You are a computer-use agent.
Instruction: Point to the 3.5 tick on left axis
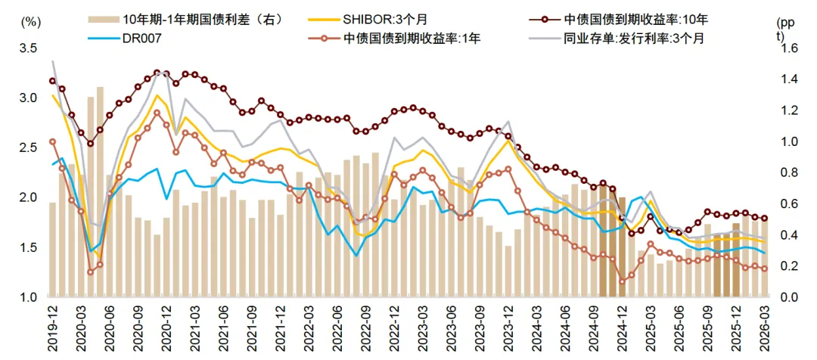pos(27,48)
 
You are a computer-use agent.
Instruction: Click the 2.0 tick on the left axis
pos(27,197)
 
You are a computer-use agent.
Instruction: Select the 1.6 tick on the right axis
pos(787,48)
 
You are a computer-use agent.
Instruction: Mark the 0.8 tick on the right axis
pos(787,172)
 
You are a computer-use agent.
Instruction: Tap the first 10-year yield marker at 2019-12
pos(53,81)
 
